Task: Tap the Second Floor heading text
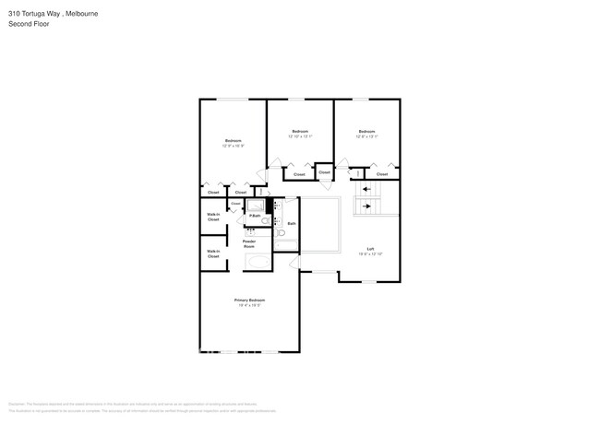coord(29,24)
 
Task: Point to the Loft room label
coord(370,249)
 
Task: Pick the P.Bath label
coord(254,216)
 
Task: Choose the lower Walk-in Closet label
coord(213,253)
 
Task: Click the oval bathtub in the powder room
coord(258,263)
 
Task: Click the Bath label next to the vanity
coord(292,223)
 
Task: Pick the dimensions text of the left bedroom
coord(233,146)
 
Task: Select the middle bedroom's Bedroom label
coord(300,132)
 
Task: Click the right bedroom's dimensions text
coord(366,137)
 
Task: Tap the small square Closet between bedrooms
coord(324,171)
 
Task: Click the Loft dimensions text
coord(370,254)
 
